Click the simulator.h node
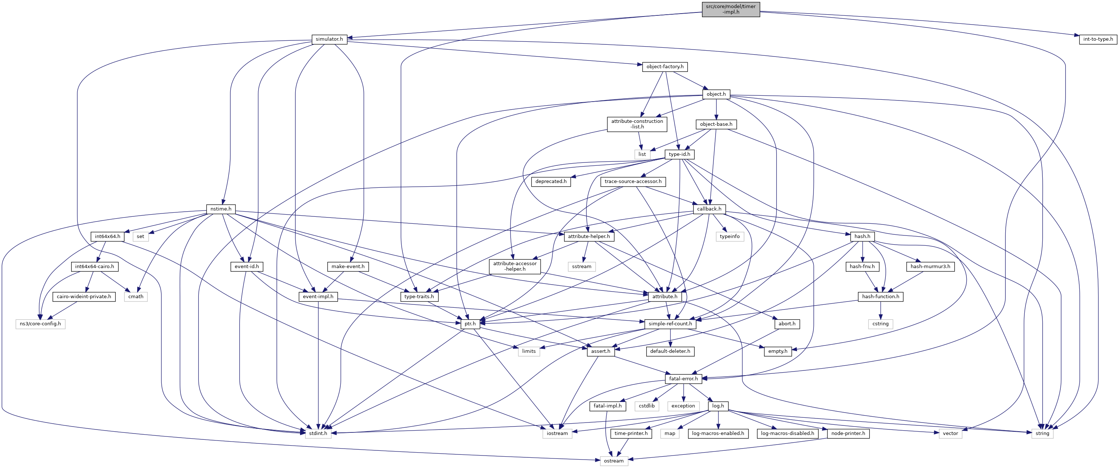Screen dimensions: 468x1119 [x=329, y=39]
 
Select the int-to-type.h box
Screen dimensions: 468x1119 [x=1098, y=39]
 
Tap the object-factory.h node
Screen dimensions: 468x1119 [x=665, y=66]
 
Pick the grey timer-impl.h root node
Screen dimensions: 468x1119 [x=731, y=9]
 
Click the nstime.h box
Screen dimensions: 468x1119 [x=221, y=209]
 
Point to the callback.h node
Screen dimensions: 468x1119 [x=709, y=209]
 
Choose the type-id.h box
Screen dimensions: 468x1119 [x=679, y=154]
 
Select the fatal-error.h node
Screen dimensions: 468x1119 [x=683, y=379]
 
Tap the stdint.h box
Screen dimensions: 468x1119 [x=318, y=433]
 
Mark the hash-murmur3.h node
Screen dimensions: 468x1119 [x=930, y=266]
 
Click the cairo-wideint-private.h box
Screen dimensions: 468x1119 [x=84, y=296]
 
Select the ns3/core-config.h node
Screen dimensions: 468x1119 [x=40, y=324]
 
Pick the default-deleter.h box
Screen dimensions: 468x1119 [x=670, y=351]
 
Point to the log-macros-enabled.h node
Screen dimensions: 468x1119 [x=718, y=433]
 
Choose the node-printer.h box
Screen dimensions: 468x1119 [x=848, y=433]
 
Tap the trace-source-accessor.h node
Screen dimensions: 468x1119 [x=633, y=181]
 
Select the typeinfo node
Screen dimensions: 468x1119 [x=729, y=237]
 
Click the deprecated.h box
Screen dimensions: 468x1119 [x=551, y=181]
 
